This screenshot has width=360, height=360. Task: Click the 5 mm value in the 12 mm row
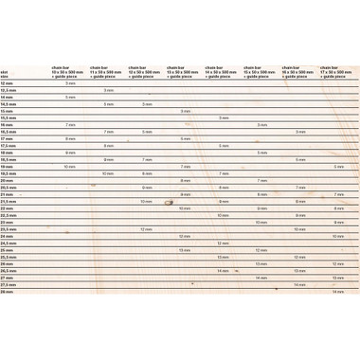click(x=70, y=83)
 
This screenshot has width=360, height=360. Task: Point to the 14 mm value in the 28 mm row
click(x=338, y=292)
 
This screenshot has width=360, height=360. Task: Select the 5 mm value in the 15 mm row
click(x=185, y=111)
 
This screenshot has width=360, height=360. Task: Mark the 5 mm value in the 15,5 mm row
click(x=223, y=118)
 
